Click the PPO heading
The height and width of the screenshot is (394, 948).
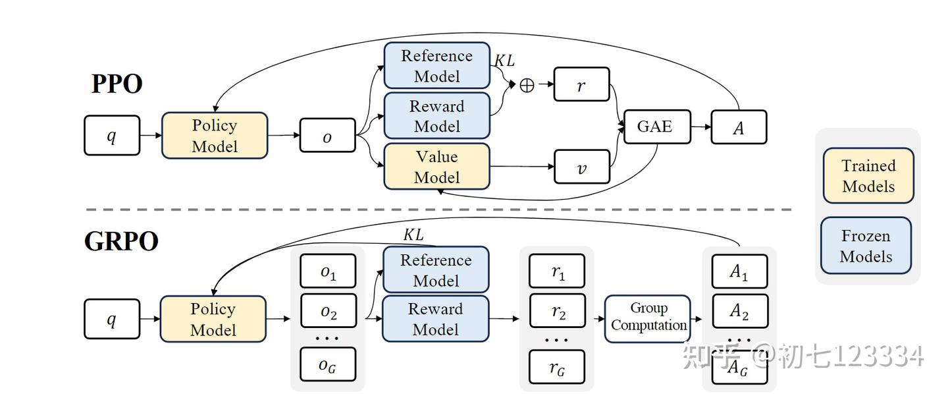(x=117, y=84)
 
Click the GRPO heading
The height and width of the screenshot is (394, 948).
(x=121, y=241)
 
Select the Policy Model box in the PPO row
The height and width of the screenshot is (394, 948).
(x=215, y=136)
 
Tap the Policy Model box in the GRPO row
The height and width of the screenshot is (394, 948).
(x=213, y=319)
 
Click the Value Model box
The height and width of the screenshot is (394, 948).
(x=436, y=167)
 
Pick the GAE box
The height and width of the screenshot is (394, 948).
(x=655, y=127)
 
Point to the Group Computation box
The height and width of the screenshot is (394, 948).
(x=648, y=318)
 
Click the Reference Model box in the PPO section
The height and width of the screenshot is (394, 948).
(x=436, y=66)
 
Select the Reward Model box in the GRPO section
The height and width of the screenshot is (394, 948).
(x=435, y=318)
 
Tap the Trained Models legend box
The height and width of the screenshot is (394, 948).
(x=868, y=175)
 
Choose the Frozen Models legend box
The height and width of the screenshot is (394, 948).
(x=866, y=246)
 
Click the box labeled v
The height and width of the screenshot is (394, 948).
(x=581, y=167)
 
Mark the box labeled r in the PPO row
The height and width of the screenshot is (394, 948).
(x=581, y=84)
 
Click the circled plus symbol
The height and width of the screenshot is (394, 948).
(x=527, y=85)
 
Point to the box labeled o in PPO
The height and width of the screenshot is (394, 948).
(x=327, y=136)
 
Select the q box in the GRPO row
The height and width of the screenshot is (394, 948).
(x=112, y=319)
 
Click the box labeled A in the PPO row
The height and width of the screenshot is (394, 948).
(x=739, y=127)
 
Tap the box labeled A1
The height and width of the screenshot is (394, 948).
(x=739, y=271)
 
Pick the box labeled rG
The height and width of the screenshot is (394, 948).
(x=557, y=367)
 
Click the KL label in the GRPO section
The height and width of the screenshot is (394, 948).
(x=413, y=235)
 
